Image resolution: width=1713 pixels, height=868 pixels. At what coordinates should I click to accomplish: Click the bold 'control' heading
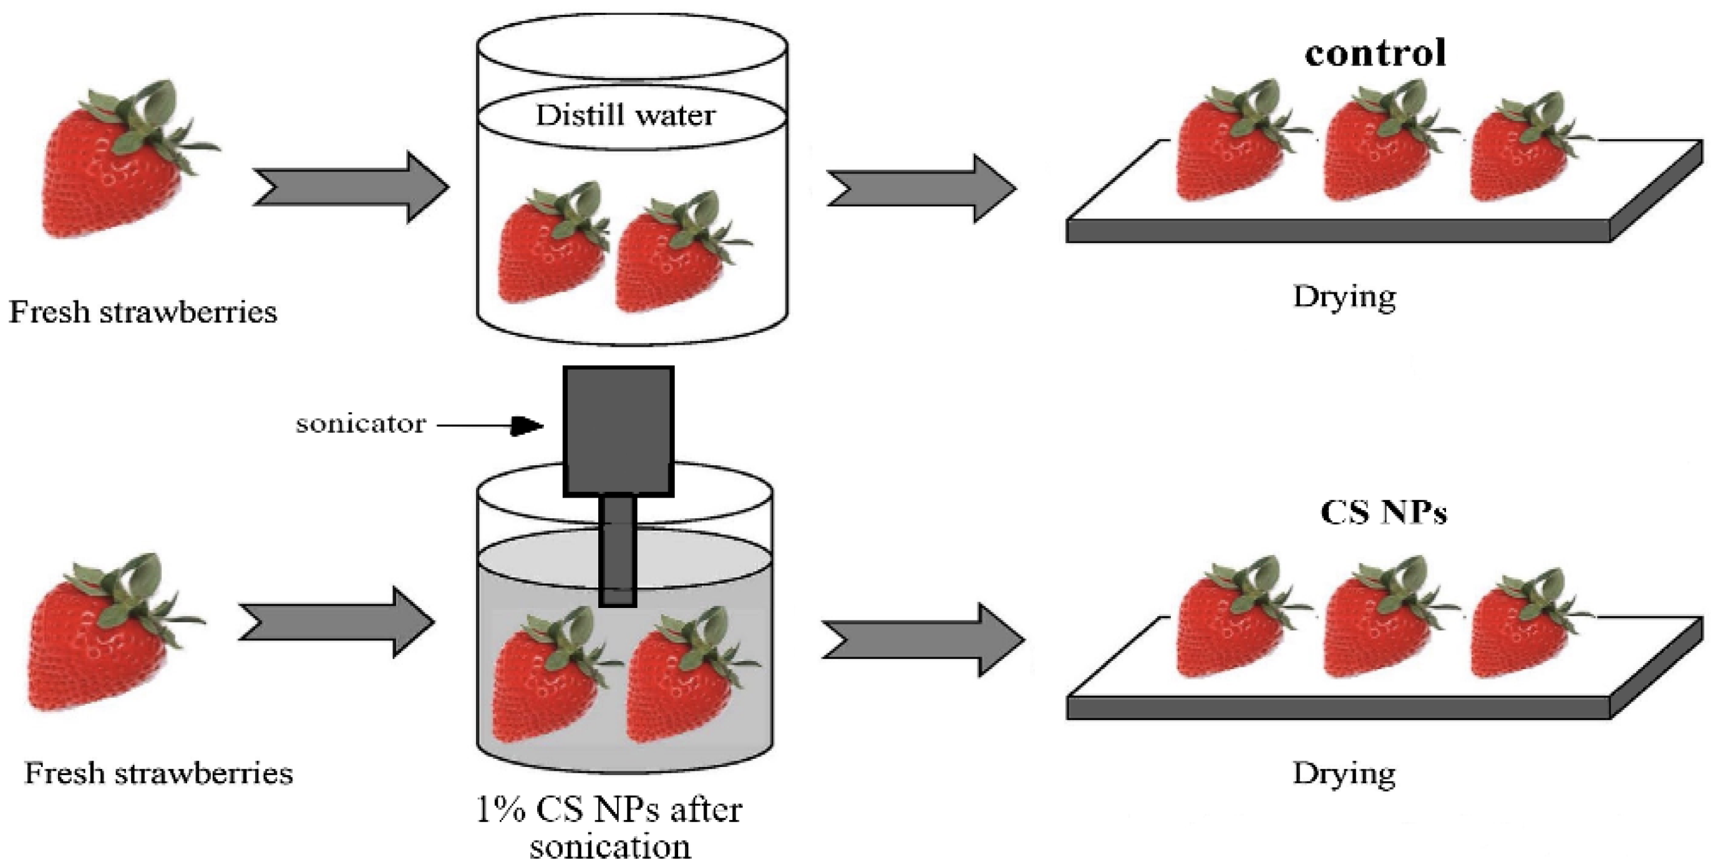[x=1374, y=53]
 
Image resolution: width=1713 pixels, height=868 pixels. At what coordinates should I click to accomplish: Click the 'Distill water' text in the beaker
[x=625, y=115]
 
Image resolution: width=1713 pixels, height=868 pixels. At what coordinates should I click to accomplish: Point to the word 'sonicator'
[x=361, y=424]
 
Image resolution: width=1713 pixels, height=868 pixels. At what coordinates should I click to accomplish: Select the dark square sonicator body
[x=618, y=431]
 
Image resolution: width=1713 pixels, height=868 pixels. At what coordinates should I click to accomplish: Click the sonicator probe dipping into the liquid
[x=618, y=552]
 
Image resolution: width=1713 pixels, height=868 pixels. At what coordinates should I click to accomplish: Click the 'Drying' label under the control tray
[x=1344, y=297]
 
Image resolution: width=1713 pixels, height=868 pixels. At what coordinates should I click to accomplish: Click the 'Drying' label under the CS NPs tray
[x=1344, y=774]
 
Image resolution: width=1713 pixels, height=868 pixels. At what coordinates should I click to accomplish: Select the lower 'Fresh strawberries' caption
[x=158, y=774]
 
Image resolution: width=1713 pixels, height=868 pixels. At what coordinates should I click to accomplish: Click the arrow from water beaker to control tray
[x=921, y=189]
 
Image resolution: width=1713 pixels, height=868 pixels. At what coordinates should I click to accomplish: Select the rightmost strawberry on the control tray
[x=1523, y=156]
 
